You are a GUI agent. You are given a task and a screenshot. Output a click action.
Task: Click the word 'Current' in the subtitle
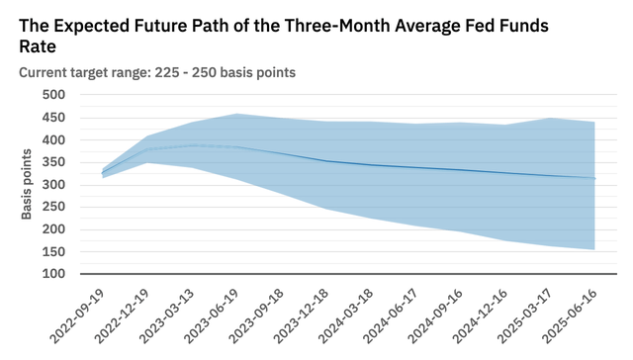pyautogui.click(x=44, y=72)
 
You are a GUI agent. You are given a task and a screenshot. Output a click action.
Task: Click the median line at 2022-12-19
pyautogui.click(x=148, y=149)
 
